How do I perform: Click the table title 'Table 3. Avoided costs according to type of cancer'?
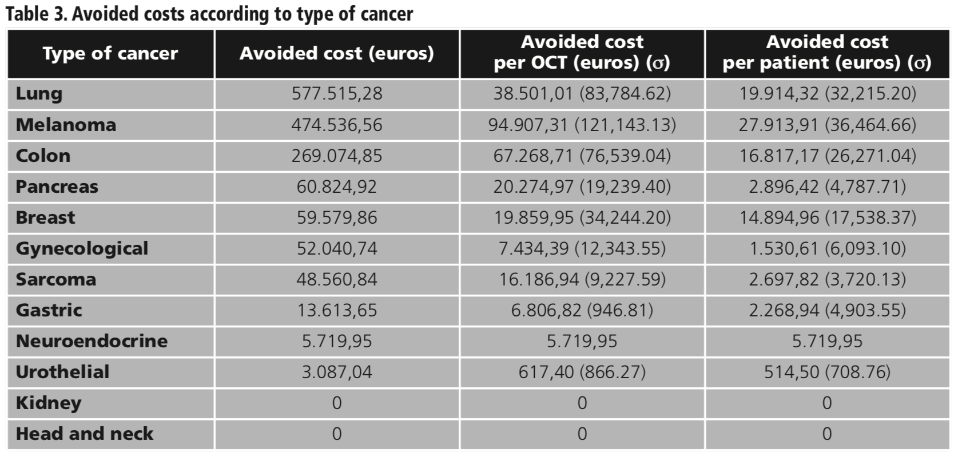[x=209, y=14]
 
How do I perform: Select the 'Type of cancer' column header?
[x=110, y=53]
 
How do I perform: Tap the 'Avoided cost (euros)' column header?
[x=336, y=53]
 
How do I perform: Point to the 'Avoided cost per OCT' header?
[x=582, y=52]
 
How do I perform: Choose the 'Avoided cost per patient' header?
[x=827, y=52]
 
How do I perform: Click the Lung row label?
[x=39, y=94]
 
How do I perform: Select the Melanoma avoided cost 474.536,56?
[x=336, y=125]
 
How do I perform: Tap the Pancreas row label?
[x=57, y=187]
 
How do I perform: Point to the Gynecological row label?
[x=82, y=248]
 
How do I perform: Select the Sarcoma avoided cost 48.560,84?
[x=336, y=279]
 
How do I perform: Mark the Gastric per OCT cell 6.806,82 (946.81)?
[x=582, y=310]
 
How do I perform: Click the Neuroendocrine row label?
[x=92, y=341]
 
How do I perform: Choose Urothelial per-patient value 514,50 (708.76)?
[x=827, y=372]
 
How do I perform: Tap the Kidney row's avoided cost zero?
[x=336, y=403]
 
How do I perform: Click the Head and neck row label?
[x=84, y=434]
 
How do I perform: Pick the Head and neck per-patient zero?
[x=827, y=434]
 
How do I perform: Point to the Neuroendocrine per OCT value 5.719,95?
[x=582, y=341]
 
